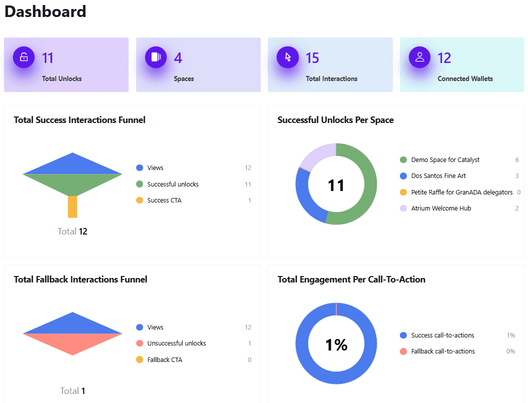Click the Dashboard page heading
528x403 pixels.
[x=46, y=11]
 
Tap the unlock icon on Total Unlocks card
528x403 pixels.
[x=24, y=57]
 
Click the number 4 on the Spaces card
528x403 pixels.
[x=178, y=58]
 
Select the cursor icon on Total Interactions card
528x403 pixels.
[x=288, y=57]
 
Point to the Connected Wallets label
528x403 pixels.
[x=465, y=78]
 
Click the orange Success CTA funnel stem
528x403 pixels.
[x=73, y=206]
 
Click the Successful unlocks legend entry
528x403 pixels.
[x=173, y=184]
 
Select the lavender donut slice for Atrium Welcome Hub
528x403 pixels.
[x=318, y=155]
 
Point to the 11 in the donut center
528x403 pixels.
[x=336, y=185]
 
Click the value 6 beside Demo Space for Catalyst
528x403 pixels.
[x=517, y=160]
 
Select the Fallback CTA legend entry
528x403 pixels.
[x=165, y=360]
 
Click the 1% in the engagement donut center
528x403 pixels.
[x=336, y=344]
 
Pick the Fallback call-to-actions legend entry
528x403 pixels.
[x=442, y=351]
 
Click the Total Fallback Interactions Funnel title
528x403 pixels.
[x=81, y=279]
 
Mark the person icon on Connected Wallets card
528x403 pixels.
[x=419, y=57]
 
